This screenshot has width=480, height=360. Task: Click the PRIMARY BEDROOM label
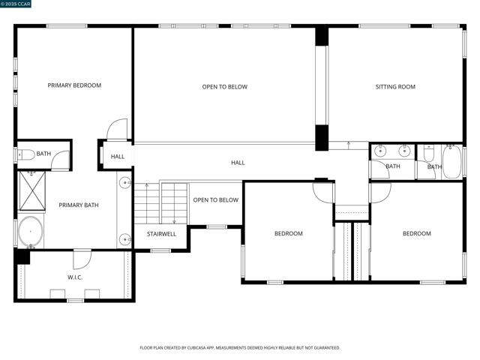[74, 85]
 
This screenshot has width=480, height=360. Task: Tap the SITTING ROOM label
[395, 87]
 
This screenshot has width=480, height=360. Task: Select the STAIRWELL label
[161, 234]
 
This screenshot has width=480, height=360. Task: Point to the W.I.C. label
[75, 277]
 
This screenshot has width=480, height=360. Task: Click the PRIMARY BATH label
[79, 205]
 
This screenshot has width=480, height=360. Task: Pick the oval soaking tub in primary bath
[31, 232]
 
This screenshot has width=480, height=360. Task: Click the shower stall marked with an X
[32, 191]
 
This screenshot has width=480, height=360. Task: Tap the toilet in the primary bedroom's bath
[26, 155]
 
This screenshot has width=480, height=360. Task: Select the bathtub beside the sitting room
[451, 162]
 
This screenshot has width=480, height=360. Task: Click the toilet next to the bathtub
[428, 153]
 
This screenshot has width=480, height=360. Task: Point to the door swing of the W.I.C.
[82, 259]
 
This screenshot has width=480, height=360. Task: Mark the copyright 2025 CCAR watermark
[16, 4]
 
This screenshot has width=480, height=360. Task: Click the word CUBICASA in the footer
[196, 348]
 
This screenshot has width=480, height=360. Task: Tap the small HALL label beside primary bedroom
[118, 157]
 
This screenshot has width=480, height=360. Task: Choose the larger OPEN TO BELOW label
[225, 87]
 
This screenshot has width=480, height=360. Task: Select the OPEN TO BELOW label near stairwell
[216, 200]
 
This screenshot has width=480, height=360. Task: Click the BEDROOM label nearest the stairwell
[289, 233]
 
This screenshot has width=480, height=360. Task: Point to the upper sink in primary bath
[125, 183]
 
